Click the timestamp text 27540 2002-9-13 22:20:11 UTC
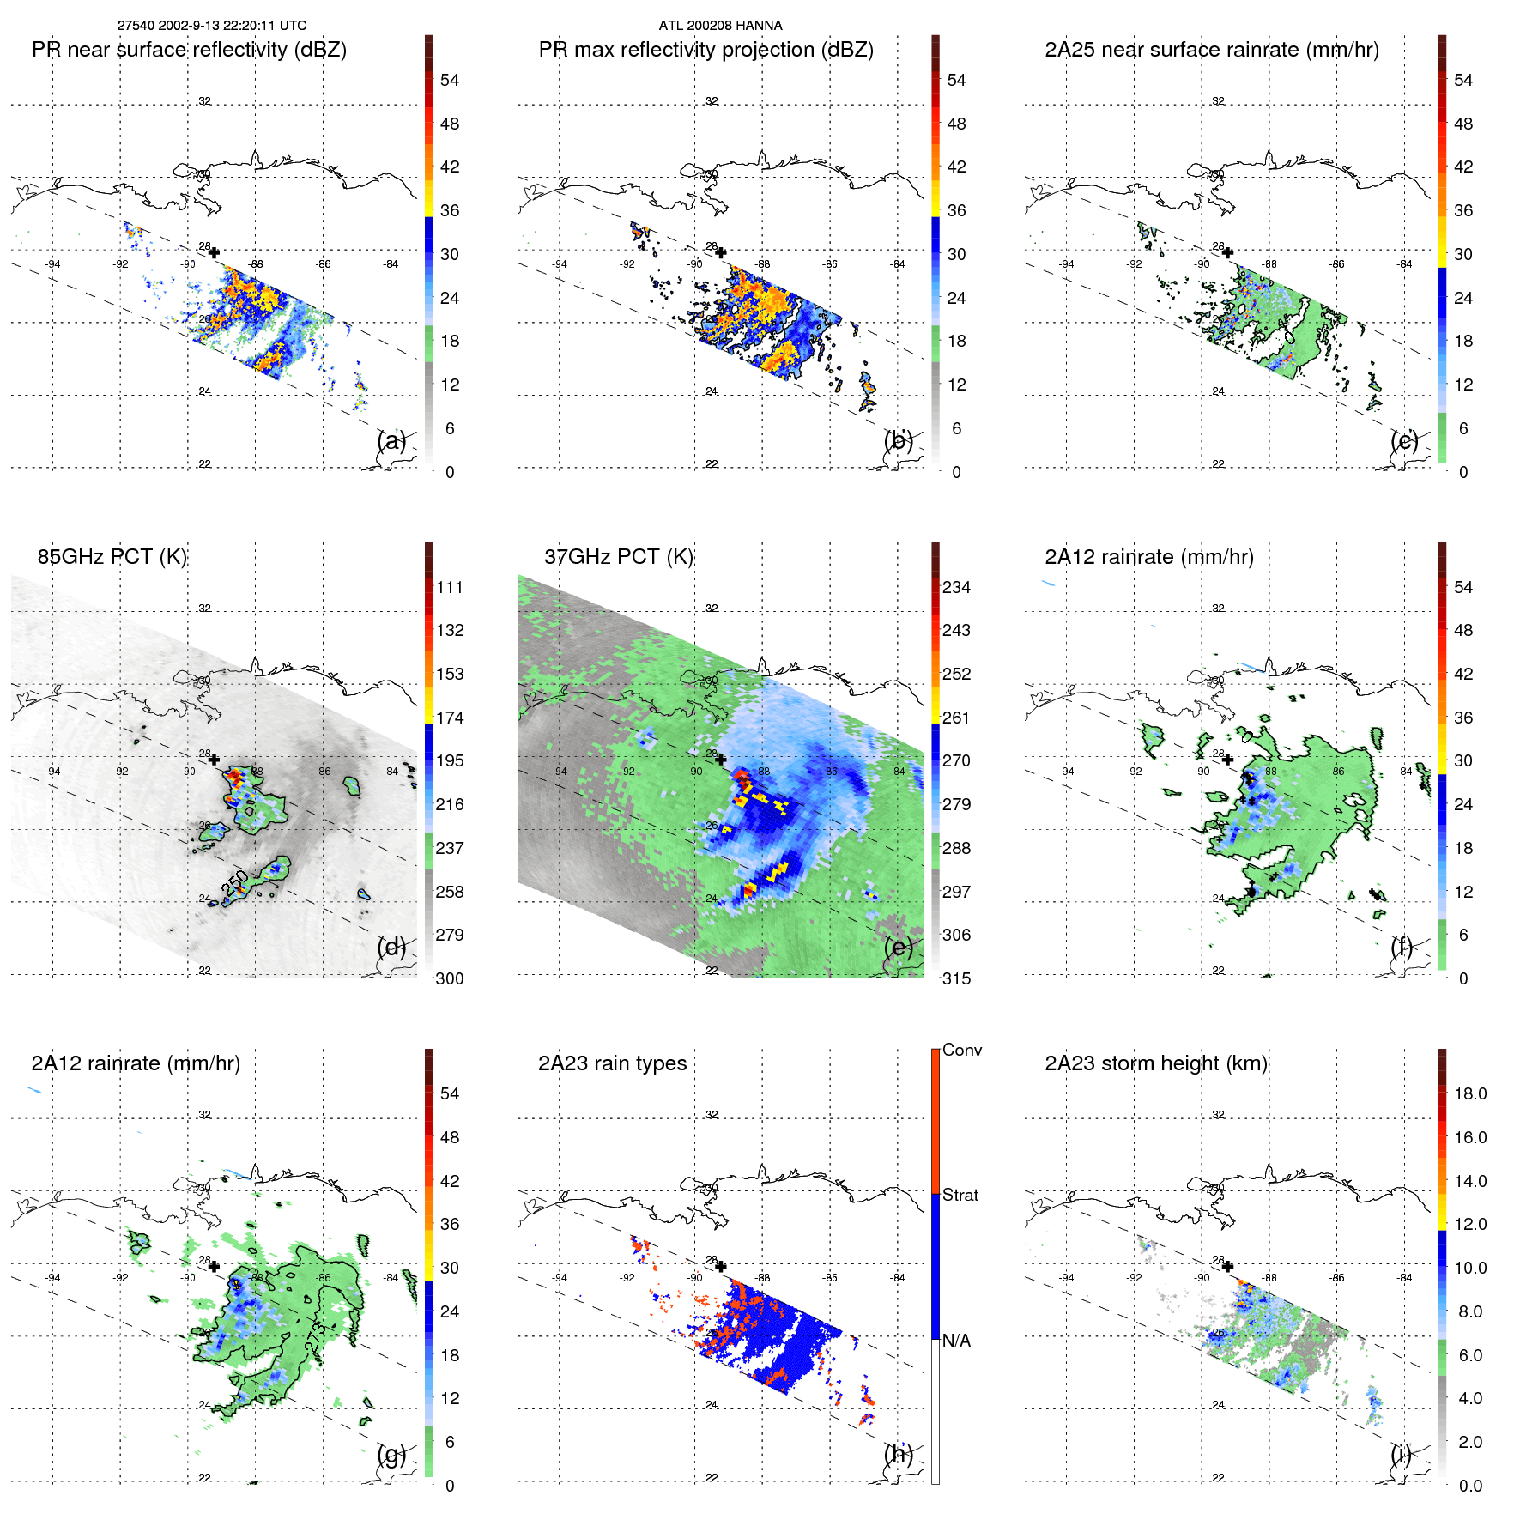(211, 26)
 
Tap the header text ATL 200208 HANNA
(720, 26)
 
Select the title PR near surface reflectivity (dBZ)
(189, 50)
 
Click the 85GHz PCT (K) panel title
(112, 556)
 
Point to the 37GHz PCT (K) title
(618, 556)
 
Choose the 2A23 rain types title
(612, 1063)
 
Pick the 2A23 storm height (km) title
(1155, 1063)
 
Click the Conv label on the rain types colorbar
(961, 1050)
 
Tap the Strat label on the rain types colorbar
(960, 1195)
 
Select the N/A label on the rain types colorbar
(956, 1341)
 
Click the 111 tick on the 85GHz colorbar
(450, 587)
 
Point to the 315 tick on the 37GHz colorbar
(956, 978)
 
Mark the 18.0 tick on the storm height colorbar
(1469, 1093)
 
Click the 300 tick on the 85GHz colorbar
(450, 978)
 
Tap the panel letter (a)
(391, 440)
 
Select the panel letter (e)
(899, 947)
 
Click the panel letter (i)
(1402, 1454)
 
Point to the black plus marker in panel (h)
(721, 1266)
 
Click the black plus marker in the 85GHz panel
(214, 760)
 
